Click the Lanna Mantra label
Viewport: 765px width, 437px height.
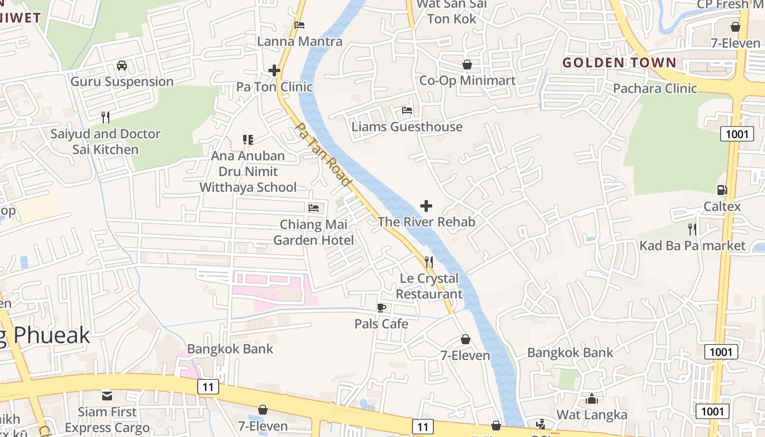pyautogui.click(x=299, y=42)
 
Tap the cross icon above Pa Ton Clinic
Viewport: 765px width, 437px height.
pyautogui.click(x=274, y=70)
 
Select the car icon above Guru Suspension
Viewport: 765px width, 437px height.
pyautogui.click(x=122, y=66)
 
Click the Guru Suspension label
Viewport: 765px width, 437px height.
pyautogui.click(x=122, y=82)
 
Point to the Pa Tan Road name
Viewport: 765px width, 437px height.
pyautogui.click(x=323, y=153)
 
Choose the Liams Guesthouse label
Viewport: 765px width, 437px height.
pyautogui.click(x=407, y=127)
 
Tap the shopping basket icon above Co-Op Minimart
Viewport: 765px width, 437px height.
pyautogui.click(x=467, y=64)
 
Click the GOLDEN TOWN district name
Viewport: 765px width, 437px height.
pyautogui.click(x=620, y=63)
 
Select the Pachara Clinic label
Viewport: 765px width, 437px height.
pyautogui.click(x=655, y=88)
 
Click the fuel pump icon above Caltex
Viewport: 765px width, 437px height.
pyautogui.click(x=722, y=190)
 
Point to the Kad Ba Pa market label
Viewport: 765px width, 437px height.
pyautogui.click(x=692, y=246)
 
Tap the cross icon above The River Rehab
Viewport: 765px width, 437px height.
pyautogui.click(x=426, y=206)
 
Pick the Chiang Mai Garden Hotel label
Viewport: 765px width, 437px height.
pyautogui.click(x=314, y=232)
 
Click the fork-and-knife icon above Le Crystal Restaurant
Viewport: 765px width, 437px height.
pyautogui.click(x=429, y=262)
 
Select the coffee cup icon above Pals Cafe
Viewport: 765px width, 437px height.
pyautogui.click(x=381, y=308)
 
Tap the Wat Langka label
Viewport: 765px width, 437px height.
pyautogui.click(x=592, y=415)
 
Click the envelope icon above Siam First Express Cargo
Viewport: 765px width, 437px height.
pyautogui.click(x=107, y=395)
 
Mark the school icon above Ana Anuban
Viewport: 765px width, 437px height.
pyautogui.click(x=248, y=140)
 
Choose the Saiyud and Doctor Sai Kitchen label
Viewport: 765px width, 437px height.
pyautogui.click(x=105, y=141)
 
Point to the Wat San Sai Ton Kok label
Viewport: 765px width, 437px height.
pyautogui.click(x=451, y=11)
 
